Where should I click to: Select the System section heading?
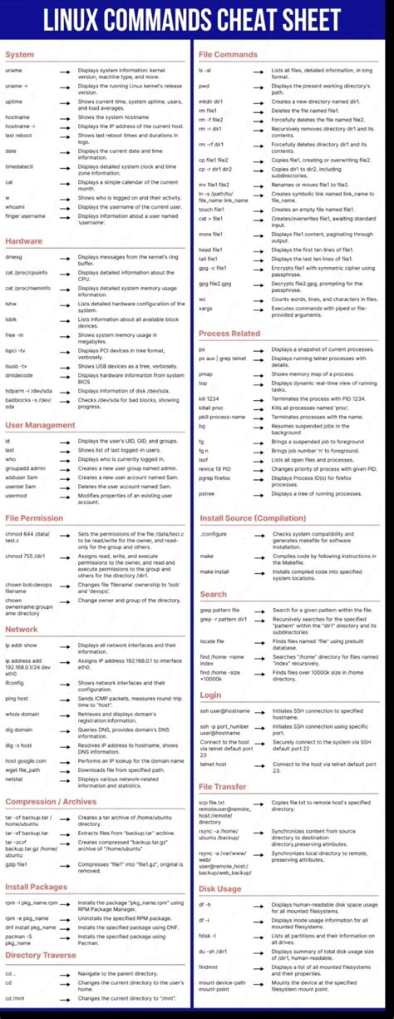click(19, 55)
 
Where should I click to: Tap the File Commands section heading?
click(228, 55)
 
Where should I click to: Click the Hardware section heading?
click(23, 241)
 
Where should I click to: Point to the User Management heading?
click(40, 425)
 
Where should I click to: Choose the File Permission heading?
click(33, 518)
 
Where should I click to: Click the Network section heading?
click(22, 629)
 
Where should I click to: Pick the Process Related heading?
click(229, 334)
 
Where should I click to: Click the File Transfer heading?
click(223, 786)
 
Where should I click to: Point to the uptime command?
click(13, 101)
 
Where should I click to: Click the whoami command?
click(15, 206)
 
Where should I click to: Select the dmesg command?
click(14, 258)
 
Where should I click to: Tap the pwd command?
click(204, 86)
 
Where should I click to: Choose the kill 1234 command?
click(209, 399)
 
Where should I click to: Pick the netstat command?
click(13, 779)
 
